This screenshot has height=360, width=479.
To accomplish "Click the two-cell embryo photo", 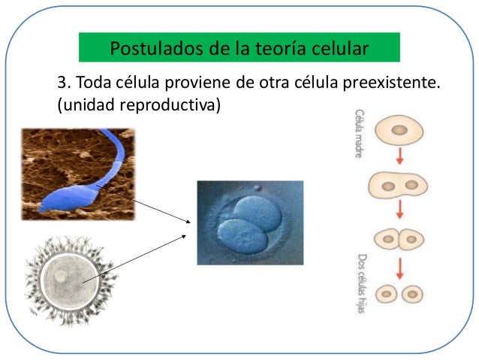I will [x=250, y=222].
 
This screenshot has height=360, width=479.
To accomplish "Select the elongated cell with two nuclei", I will [x=399, y=184].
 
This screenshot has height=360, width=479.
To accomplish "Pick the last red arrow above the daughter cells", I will [x=399, y=267].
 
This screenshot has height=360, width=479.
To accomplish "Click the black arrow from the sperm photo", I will [x=143, y=203].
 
